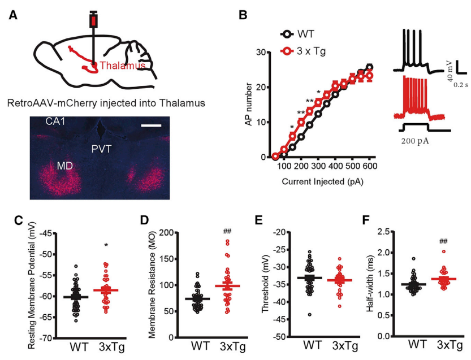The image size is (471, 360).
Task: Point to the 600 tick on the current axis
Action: [x=370, y=168]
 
